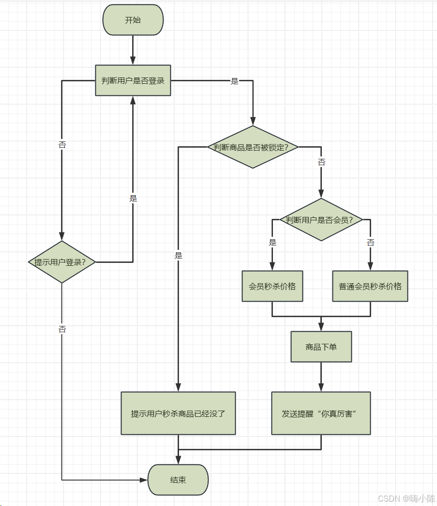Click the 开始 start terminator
click(133, 20)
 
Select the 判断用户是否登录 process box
click(133, 80)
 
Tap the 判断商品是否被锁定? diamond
click(253, 147)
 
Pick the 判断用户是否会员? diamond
click(321, 220)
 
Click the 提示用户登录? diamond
click(62, 262)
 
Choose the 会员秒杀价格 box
click(272, 286)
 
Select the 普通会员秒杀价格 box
click(370, 286)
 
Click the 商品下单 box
click(321, 347)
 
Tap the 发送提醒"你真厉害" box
click(321, 414)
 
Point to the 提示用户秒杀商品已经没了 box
click(178, 414)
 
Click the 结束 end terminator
click(178, 480)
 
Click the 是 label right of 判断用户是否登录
click(235, 81)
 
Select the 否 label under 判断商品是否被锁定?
click(321, 162)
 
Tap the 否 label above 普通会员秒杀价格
click(370, 242)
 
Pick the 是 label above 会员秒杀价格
click(272, 242)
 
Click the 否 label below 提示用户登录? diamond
click(62, 329)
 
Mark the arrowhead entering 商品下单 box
click(321, 327)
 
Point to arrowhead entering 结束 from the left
click(143, 480)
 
